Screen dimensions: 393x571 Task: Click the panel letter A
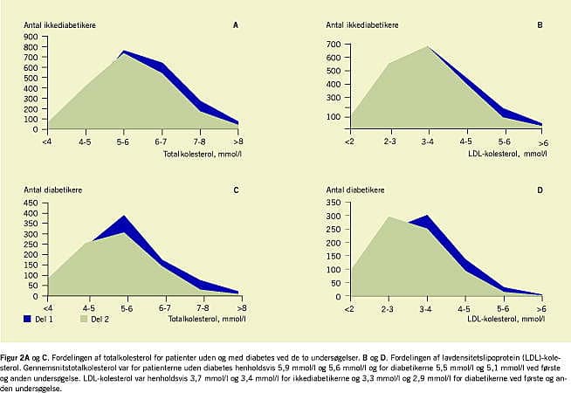point(235,24)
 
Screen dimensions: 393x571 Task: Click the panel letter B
point(540,24)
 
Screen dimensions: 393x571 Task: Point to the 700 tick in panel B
point(333,44)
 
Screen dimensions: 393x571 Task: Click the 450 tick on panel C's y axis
point(31,203)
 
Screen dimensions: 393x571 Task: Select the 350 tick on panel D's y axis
point(333,203)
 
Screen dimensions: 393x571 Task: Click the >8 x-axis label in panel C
point(238,307)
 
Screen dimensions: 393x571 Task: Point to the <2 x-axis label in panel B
point(349,141)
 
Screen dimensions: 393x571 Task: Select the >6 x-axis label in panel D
point(542,307)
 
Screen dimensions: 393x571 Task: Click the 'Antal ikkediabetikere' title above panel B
point(363,24)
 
